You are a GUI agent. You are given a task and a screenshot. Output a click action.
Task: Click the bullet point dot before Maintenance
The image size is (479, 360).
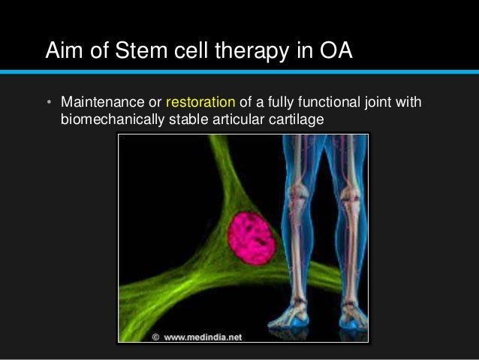pyautogui.click(x=47, y=102)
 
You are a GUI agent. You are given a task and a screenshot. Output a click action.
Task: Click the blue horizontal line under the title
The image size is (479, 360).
pyautogui.click(x=239, y=72)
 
